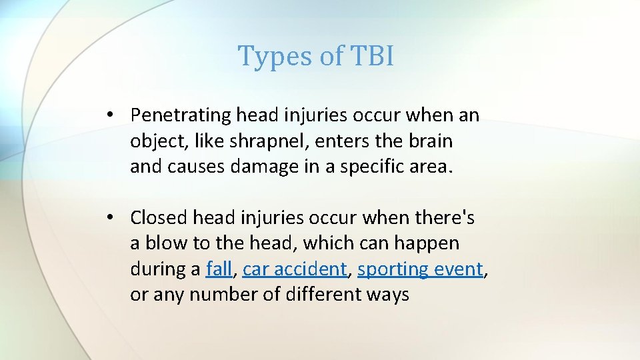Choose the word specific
373,167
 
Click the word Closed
159,217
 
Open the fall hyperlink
219,269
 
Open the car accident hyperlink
295,269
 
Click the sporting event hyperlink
420,269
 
